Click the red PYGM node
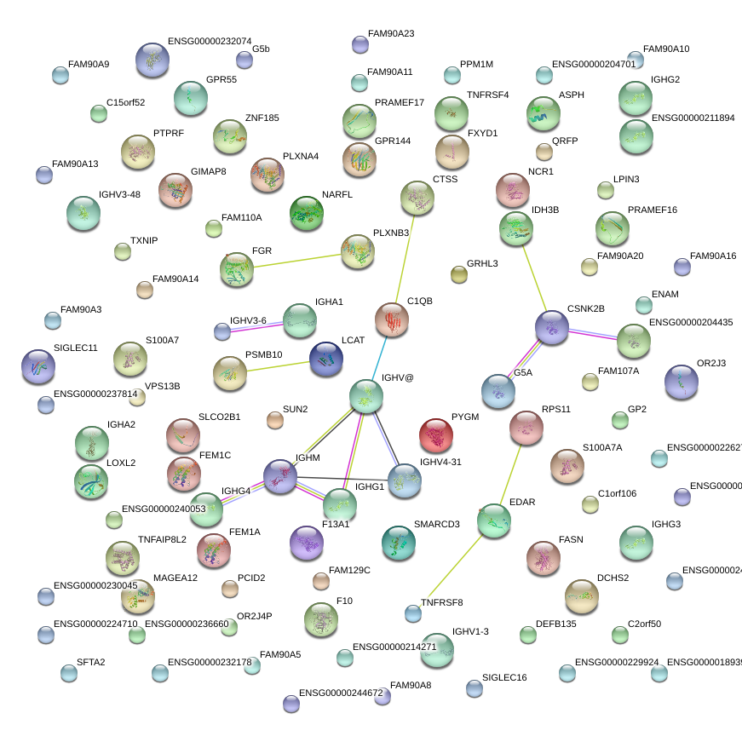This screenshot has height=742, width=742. pyautogui.click(x=436, y=435)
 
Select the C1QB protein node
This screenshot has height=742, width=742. pyautogui.click(x=392, y=320)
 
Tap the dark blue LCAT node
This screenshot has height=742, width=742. pyautogui.click(x=326, y=359)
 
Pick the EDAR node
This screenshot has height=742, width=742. pyautogui.click(x=494, y=521)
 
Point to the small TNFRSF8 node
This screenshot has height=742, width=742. pyautogui.click(x=413, y=613)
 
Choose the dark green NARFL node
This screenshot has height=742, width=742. pyautogui.click(x=307, y=213)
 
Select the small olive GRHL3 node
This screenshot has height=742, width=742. pyautogui.click(x=459, y=273)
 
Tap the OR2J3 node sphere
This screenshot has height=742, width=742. pyautogui.click(x=681, y=382)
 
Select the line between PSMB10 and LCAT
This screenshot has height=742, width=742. pyautogui.click(x=278, y=365)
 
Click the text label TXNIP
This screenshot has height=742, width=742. pyautogui.click(x=144, y=240)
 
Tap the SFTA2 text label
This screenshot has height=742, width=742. pyautogui.click(x=91, y=662)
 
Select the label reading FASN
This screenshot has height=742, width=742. pyautogui.click(x=571, y=540)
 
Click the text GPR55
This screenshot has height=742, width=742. pyautogui.click(x=221, y=80)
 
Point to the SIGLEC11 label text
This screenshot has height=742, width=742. pyautogui.click(x=76, y=348)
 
